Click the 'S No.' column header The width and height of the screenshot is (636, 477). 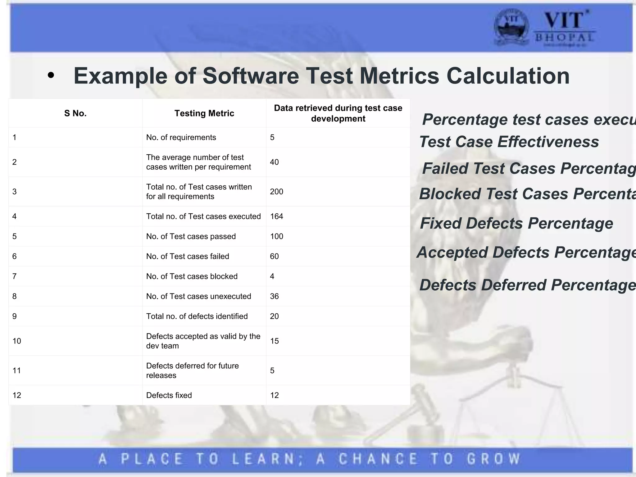[75, 113]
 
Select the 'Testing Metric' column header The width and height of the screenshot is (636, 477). [204, 113]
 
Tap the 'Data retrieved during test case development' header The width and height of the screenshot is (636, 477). [338, 113]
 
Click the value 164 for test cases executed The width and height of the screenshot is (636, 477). [276, 216]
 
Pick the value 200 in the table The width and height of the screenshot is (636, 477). [276, 192]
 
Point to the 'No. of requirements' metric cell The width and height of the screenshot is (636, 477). [181, 138]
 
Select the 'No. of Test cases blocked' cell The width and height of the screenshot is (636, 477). [192, 276]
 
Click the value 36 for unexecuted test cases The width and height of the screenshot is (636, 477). [274, 296]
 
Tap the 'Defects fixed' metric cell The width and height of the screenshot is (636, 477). [169, 395]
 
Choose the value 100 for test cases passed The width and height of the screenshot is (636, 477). [276, 236]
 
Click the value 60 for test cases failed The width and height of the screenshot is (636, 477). [274, 257]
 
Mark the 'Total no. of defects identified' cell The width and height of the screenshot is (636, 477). [197, 316]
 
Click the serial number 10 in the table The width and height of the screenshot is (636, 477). [17, 341]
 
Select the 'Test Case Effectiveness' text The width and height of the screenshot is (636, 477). [509, 142]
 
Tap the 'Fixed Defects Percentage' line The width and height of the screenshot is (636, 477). [516, 223]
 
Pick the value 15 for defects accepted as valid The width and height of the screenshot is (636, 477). [274, 341]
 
